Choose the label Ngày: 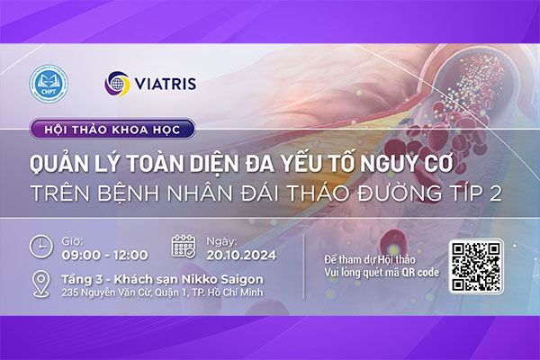(x=219, y=240)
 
